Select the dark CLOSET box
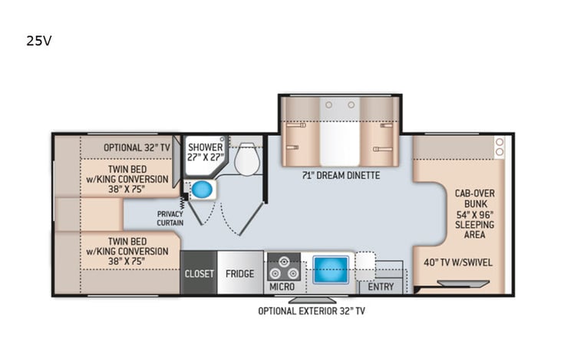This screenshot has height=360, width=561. pyautogui.click(x=198, y=273)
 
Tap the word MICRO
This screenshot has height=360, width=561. pyautogui.click(x=281, y=287)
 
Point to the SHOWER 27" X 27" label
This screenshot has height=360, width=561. pyautogui.click(x=205, y=152)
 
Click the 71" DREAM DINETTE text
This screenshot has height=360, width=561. pyautogui.click(x=340, y=175)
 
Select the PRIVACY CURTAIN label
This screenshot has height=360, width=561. pyautogui.click(x=170, y=218)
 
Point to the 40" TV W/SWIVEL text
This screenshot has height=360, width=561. pyautogui.click(x=458, y=263)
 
